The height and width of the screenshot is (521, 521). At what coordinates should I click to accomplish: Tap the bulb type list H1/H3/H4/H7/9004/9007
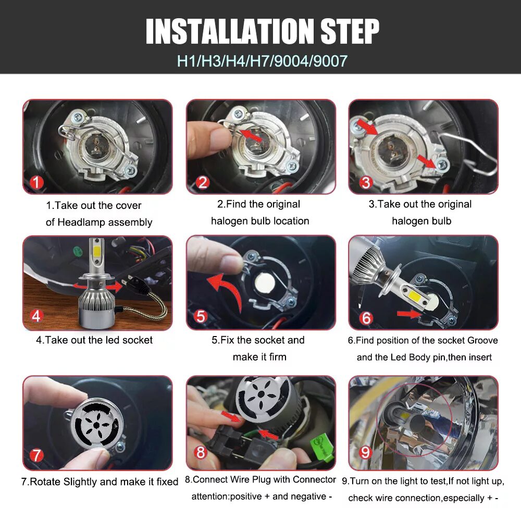coord(262,61)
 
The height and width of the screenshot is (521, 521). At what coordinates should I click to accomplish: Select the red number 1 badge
coord(36,182)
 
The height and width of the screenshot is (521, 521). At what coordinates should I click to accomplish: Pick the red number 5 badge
coord(201,316)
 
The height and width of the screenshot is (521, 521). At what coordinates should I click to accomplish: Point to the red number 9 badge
coord(365,452)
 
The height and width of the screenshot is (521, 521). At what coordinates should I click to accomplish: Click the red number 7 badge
coord(36,455)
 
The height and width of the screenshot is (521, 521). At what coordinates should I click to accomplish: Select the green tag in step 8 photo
coord(321,448)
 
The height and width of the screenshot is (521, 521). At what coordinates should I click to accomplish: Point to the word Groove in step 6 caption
coord(482,341)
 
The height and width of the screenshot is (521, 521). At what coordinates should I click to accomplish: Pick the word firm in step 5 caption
coord(278,357)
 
